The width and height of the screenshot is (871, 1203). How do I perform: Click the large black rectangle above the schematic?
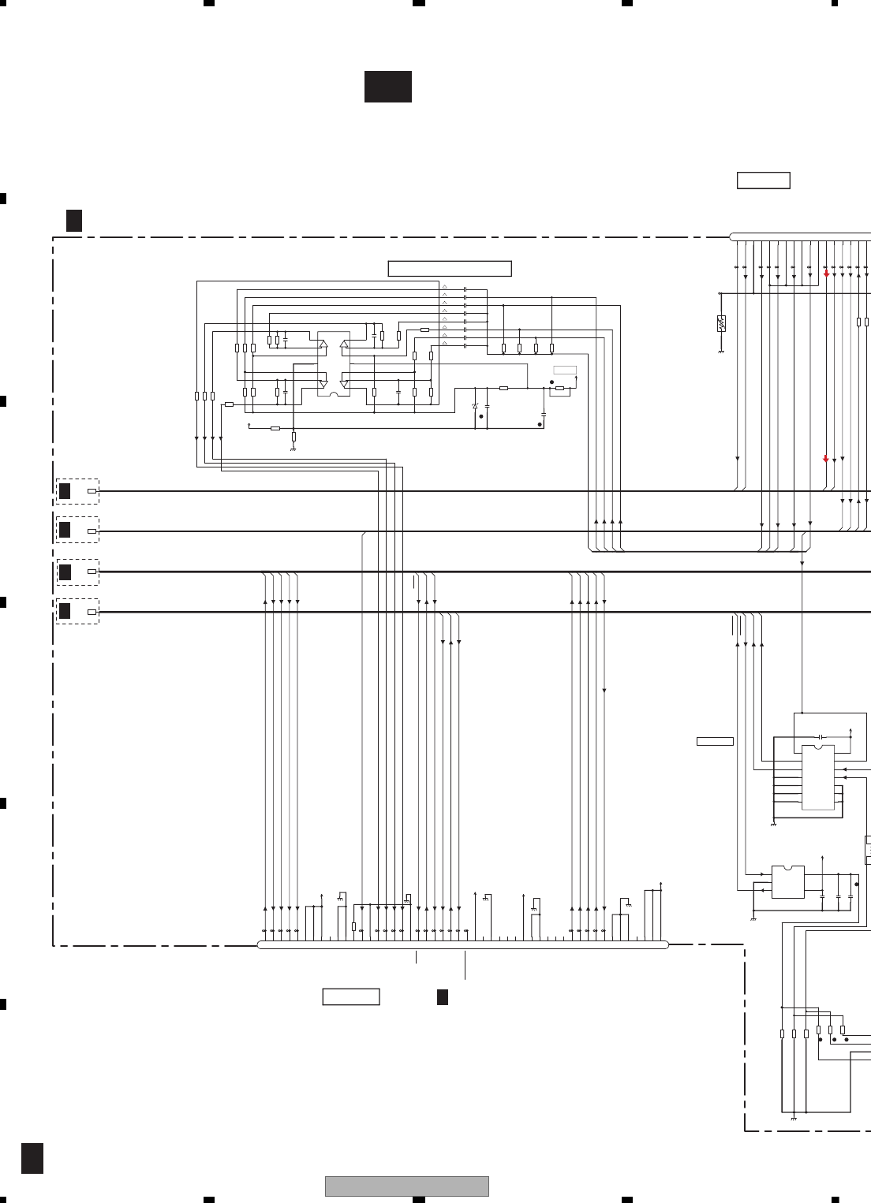[387, 87]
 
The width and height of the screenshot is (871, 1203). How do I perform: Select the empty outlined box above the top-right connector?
[763, 180]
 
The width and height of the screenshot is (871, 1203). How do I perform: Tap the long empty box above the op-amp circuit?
[450, 269]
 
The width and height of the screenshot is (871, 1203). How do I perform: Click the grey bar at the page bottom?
[407, 1186]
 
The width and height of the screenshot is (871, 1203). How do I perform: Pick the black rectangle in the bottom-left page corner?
[32, 1158]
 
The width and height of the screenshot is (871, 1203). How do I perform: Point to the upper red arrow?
[826, 273]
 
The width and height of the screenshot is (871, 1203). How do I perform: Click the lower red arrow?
[826, 459]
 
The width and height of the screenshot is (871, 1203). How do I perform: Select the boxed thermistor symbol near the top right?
[721, 323]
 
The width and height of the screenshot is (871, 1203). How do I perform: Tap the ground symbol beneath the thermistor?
[721, 352]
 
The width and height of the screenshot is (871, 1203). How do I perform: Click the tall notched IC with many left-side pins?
[818, 777]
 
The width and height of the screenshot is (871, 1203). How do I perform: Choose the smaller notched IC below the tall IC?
[787, 882]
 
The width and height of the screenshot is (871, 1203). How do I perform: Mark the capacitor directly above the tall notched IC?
[821, 736]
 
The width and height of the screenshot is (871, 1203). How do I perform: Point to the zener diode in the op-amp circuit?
[474, 406]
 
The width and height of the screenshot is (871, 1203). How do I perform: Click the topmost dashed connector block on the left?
[77, 491]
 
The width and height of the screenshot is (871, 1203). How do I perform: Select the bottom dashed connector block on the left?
[77, 611]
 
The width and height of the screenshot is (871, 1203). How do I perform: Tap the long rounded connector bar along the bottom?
[463, 944]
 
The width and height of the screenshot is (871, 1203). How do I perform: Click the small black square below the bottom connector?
[443, 997]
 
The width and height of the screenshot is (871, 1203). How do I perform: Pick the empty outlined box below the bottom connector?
[351, 997]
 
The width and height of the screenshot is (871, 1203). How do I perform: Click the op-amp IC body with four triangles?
[333, 365]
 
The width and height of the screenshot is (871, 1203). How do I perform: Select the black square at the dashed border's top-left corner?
[74, 221]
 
